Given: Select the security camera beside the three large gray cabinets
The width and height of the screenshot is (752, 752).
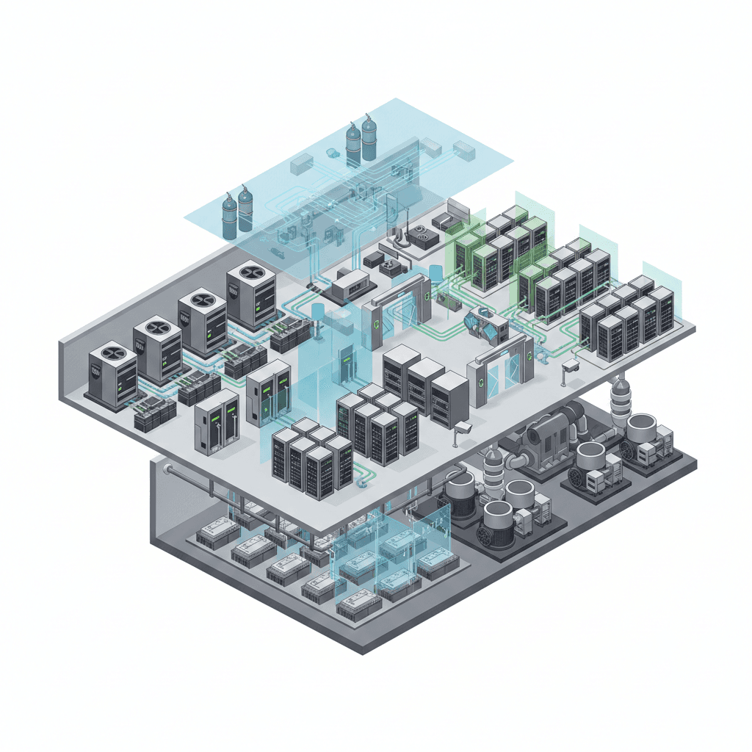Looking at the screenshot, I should pyautogui.click(x=463, y=429).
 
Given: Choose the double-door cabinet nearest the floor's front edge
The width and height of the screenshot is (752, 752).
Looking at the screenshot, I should pyautogui.click(x=217, y=420).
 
